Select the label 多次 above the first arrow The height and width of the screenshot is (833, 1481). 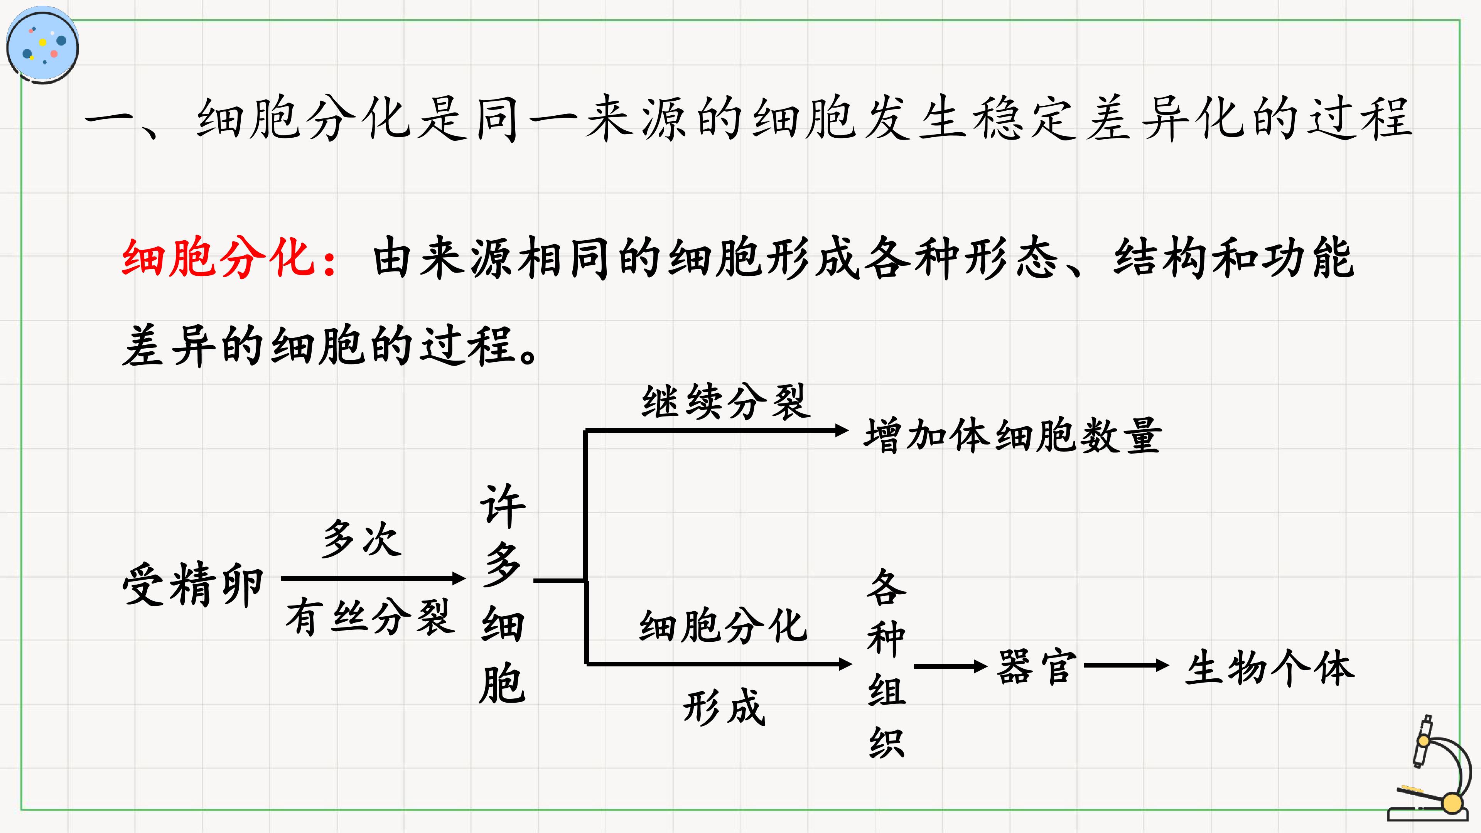(x=361, y=539)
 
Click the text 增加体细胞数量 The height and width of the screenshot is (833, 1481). (x=1013, y=436)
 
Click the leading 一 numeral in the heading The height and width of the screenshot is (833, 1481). (x=109, y=120)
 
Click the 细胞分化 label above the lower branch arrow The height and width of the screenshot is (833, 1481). (x=723, y=626)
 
